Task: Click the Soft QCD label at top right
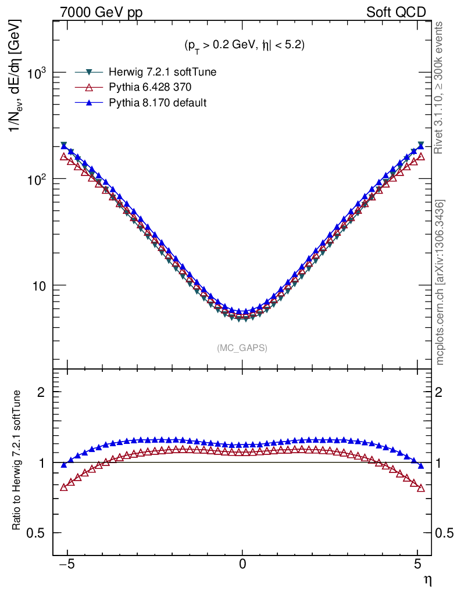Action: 396,12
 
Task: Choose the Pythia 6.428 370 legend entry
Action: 147,88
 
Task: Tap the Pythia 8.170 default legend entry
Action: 154,103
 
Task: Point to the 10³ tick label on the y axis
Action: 35,74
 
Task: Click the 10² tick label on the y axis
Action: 35,180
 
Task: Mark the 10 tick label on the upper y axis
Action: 38,286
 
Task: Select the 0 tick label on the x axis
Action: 242,564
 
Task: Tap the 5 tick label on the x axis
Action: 417,564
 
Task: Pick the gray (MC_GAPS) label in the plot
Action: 242,348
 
